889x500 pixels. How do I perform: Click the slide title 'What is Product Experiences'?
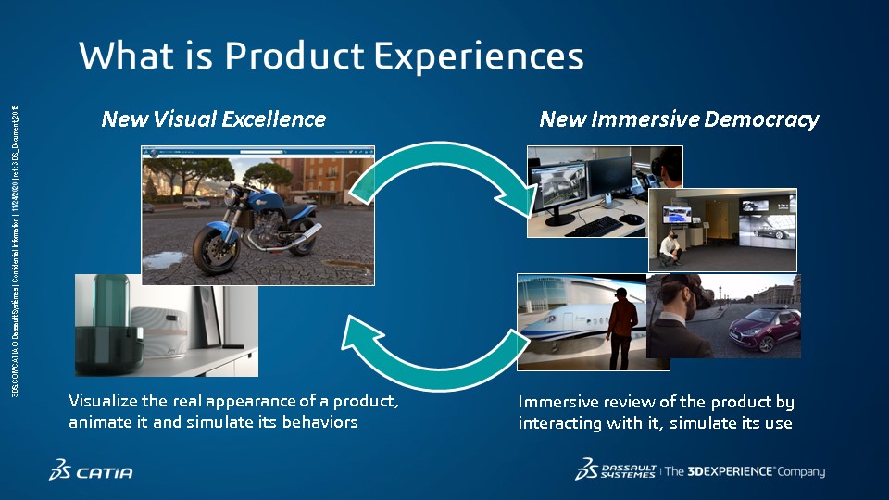pyautogui.click(x=331, y=56)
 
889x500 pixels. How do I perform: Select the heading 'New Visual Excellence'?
pyautogui.click(x=213, y=119)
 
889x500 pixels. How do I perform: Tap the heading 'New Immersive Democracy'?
pyautogui.click(x=679, y=119)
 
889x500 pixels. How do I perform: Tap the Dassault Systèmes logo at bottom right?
pyautogui.click(x=616, y=470)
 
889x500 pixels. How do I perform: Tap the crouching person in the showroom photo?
pyautogui.click(x=668, y=246)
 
